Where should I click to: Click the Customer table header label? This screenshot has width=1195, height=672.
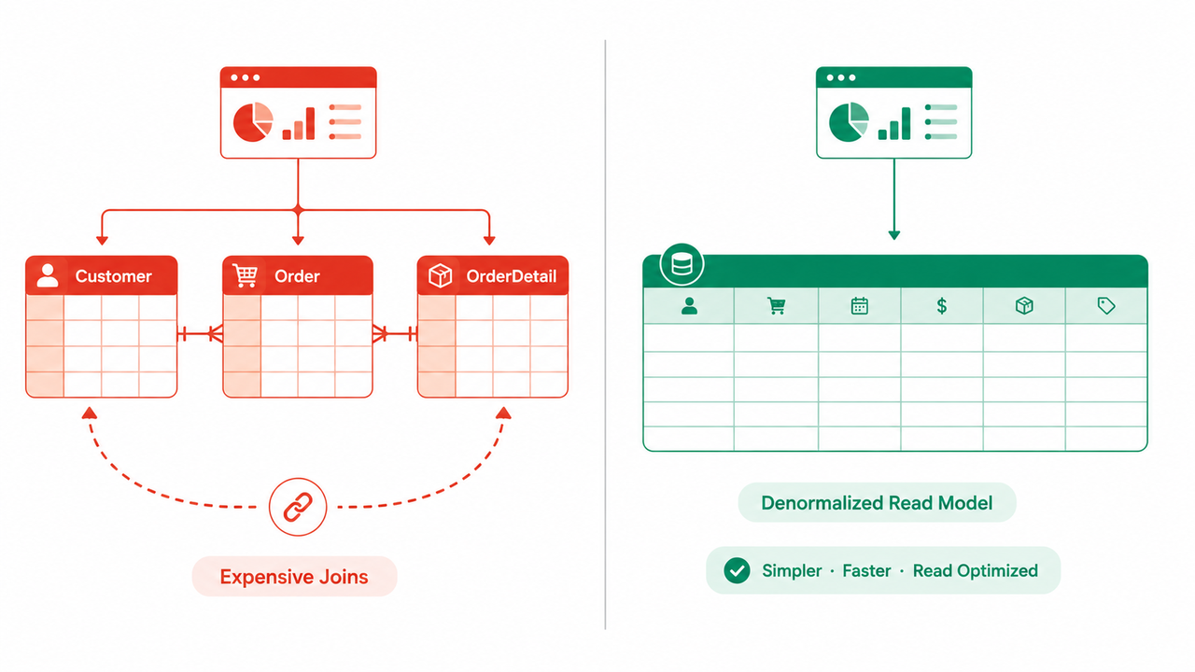click(113, 276)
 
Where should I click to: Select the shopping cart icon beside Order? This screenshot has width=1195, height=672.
click(246, 275)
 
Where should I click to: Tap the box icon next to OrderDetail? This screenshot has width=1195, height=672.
click(440, 275)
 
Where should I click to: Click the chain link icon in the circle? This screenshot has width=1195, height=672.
click(298, 507)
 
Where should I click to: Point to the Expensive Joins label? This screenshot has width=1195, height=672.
click(294, 577)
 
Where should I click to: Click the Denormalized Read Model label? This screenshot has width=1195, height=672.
click(877, 503)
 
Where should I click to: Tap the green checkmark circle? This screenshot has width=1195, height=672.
click(737, 570)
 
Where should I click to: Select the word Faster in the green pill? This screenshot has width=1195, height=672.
click(866, 570)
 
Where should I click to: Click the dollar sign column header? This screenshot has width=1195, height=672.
click(942, 306)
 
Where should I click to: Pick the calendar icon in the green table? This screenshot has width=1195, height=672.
click(860, 306)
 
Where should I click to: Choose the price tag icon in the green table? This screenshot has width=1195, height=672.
click(1106, 305)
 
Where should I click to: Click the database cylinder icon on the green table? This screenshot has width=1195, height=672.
click(682, 264)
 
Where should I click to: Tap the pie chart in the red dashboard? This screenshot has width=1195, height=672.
click(253, 122)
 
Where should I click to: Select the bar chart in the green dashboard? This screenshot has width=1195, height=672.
click(894, 124)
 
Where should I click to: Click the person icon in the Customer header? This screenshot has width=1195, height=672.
click(48, 275)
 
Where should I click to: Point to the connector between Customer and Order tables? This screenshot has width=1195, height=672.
click(200, 334)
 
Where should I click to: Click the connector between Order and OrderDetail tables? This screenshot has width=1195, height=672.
click(395, 334)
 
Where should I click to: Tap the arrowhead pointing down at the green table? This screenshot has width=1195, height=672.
click(894, 235)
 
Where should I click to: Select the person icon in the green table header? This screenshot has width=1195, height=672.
click(689, 306)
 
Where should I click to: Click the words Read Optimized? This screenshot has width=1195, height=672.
click(976, 570)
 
